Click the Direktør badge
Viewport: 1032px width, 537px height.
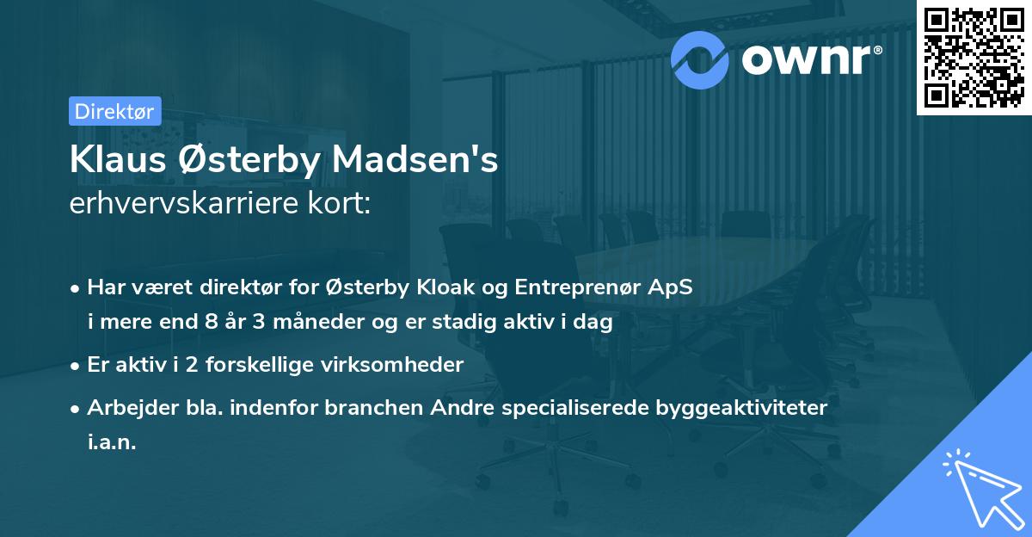114,110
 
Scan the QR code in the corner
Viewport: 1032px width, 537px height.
973,57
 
